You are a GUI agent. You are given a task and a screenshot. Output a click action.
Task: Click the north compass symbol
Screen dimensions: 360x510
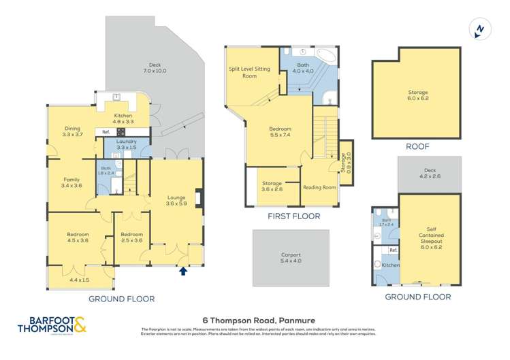pyautogui.click(x=479, y=29)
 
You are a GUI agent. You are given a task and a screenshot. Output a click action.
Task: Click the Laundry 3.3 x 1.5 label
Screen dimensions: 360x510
pyautogui.click(x=127, y=144)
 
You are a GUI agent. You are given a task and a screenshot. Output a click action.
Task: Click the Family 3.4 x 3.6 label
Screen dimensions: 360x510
pyautogui.click(x=70, y=182)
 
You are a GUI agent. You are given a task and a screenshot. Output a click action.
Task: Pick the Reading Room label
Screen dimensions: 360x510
pyautogui.click(x=319, y=187)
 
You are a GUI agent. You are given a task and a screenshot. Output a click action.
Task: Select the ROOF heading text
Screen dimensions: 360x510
pyautogui.click(x=416, y=146)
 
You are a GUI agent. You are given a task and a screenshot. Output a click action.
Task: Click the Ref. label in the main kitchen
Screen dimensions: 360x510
pyautogui.click(x=106, y=132)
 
